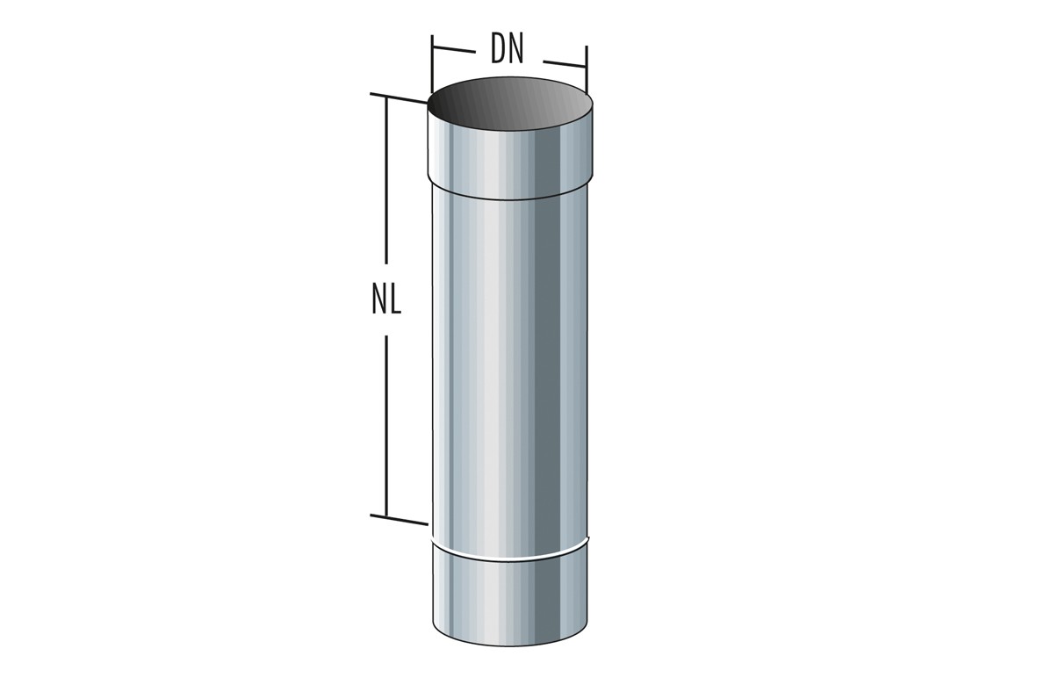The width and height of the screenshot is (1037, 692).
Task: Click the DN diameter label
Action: (508, 51)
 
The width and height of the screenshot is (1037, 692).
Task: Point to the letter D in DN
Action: (500, 51)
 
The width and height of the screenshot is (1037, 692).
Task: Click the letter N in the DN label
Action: (516, 51)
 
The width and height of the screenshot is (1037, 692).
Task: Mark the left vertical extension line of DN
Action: (431, 65)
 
